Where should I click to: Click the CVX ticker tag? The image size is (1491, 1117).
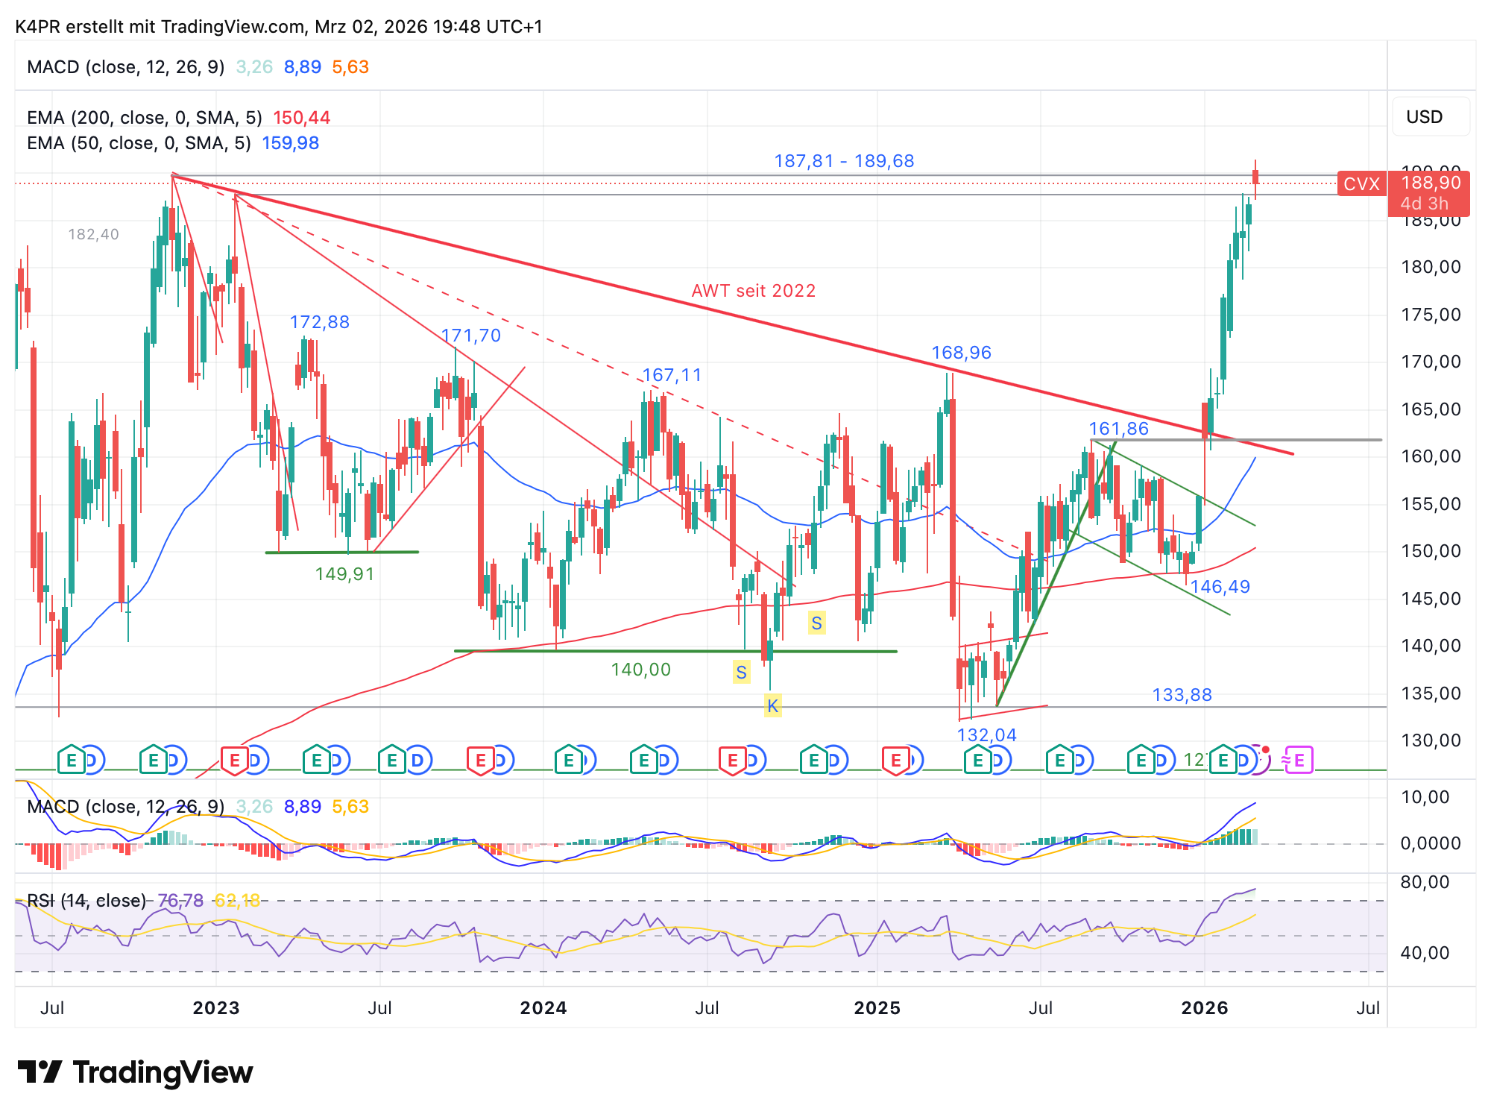pyautogui.click(x=1361, y=183)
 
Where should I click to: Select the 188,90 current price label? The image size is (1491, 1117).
pyautogui.click(x=1430, y=183)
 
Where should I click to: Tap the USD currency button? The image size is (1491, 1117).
pyautogui.click(x=1424, y=117)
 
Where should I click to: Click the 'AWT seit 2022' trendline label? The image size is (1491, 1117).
pyautogui.click(x=753, y=291)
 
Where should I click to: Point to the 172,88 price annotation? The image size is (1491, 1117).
pyautogui.click(x=319, y=322)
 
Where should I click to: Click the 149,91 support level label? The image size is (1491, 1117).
pyautogui.click(x=344, y=574)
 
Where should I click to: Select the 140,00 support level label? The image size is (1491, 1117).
pyautogui.click(x=640, y=670)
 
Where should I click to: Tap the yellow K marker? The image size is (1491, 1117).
pyautogui.click(x=772, y=706)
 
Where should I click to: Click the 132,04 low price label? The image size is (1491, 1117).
pyautogui.click(x=986, y=735)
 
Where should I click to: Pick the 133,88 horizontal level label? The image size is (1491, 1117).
pyautogui.click(x=1182, y=695)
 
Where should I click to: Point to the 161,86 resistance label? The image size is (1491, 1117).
pyautogui.click(x=1118, y=429)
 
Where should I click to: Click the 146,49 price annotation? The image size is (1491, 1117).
pyautogui.click(x=1220, y=587)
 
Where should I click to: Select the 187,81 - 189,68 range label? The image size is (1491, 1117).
pyautogui.click(x=843, y=161)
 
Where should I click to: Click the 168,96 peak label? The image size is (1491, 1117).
pyautogui.click(x=961, y=353)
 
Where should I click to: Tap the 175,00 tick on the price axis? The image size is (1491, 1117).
pyautogui.click(x=1431, y=315)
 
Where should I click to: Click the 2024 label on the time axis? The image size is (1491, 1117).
pyautogui.click(x=543, y=1008)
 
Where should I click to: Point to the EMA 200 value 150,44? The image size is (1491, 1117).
pyautogui.click(x=301, y=118)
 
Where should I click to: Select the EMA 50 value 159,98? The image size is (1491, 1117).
pyautogui.click(x=290, y=143)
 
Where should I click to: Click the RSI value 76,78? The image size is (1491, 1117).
pyautogui.click(x=180, y=901)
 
